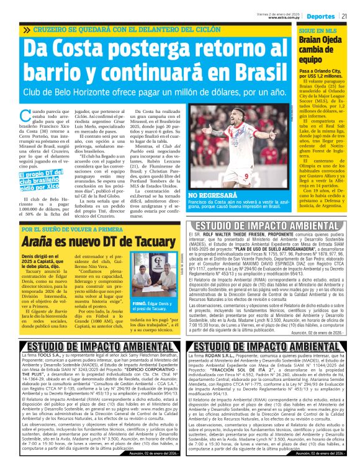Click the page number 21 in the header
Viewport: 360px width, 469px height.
(x=352, y=15)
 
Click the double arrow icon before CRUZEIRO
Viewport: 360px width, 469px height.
(x=27, y=30)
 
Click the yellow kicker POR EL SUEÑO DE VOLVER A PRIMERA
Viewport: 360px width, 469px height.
(x=72, y=229)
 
